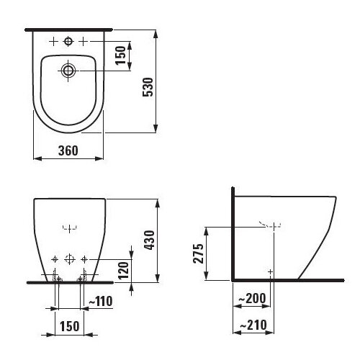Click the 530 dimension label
point(148,87)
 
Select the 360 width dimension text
point(68,150)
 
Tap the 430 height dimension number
point(149,240)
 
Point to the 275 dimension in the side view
point(199,253)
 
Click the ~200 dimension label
point(252,298)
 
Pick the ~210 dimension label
point(253,325)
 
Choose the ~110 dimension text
point(101,301)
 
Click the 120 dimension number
point(124,271)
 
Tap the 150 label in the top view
point(120,55)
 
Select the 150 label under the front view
point(69,326)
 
